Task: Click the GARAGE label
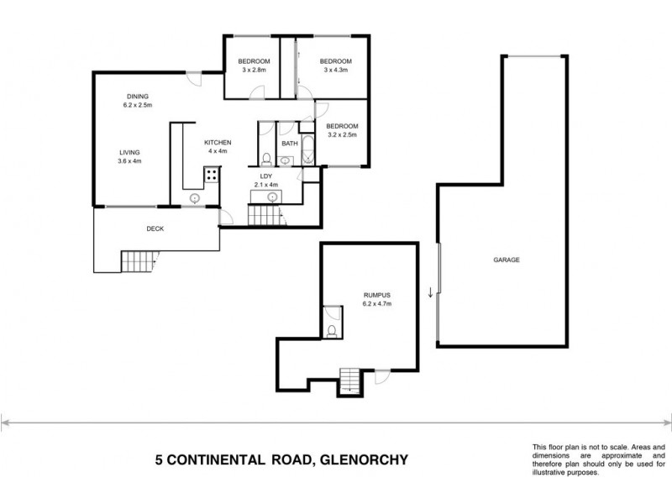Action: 507,260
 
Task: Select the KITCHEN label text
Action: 218,143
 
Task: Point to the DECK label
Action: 155,228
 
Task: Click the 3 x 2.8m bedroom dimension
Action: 253,71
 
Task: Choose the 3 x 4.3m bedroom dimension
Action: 335,71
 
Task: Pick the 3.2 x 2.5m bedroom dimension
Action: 342,134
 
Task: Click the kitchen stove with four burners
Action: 211,176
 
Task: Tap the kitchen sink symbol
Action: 194,198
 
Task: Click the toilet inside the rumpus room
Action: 333,330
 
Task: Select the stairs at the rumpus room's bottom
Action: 349,382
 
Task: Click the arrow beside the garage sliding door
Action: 431,292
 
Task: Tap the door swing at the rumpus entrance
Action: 381,377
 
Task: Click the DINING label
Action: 138,97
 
